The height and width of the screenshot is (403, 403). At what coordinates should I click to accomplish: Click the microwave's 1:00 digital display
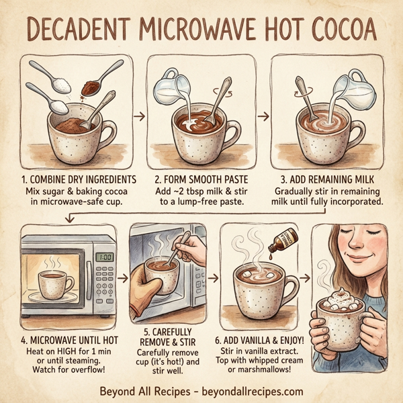click(x=105, y=257)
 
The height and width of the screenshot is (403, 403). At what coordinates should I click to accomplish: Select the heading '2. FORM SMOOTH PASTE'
click(x=200, y=180)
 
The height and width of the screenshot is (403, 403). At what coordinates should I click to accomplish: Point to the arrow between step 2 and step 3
click(x=263, y=116)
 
